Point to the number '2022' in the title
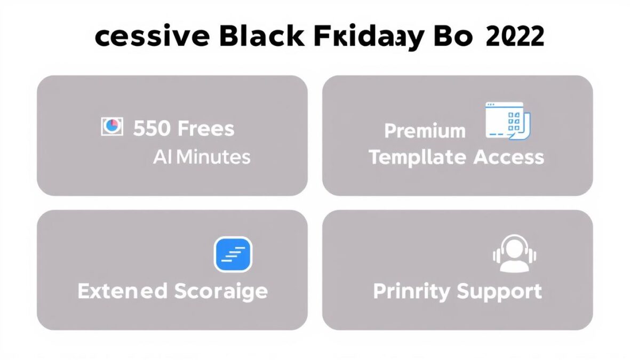[515, 37]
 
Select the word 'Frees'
[205, 129]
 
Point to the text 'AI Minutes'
[201, 157]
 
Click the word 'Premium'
[425, 131]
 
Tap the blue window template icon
[507, 122]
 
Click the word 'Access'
[508, 157]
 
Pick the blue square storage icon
[233, 254]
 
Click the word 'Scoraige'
[220, 291]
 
